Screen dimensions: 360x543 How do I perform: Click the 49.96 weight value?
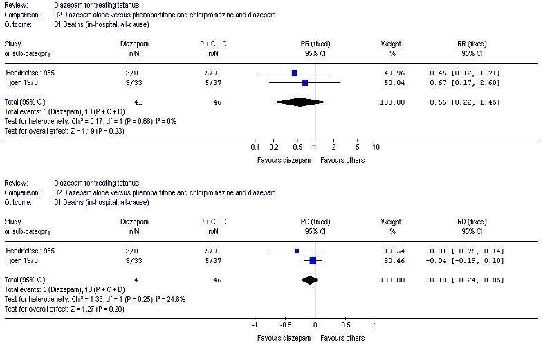click(x=391, y=73)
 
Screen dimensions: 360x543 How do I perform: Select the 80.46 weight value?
click(x=391, y=260)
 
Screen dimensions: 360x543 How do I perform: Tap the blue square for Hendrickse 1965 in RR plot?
click(x=294, y=73)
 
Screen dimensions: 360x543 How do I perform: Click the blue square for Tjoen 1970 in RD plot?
click(x=313, y=260)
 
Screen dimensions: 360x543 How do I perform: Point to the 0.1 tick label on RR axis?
click(x=255, y=147)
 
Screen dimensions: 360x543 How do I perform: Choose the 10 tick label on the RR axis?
click(x=376, y=147)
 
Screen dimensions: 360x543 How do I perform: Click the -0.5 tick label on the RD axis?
click(x=284, y=325)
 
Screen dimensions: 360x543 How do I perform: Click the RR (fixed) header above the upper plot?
click(x=315, y=44)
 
